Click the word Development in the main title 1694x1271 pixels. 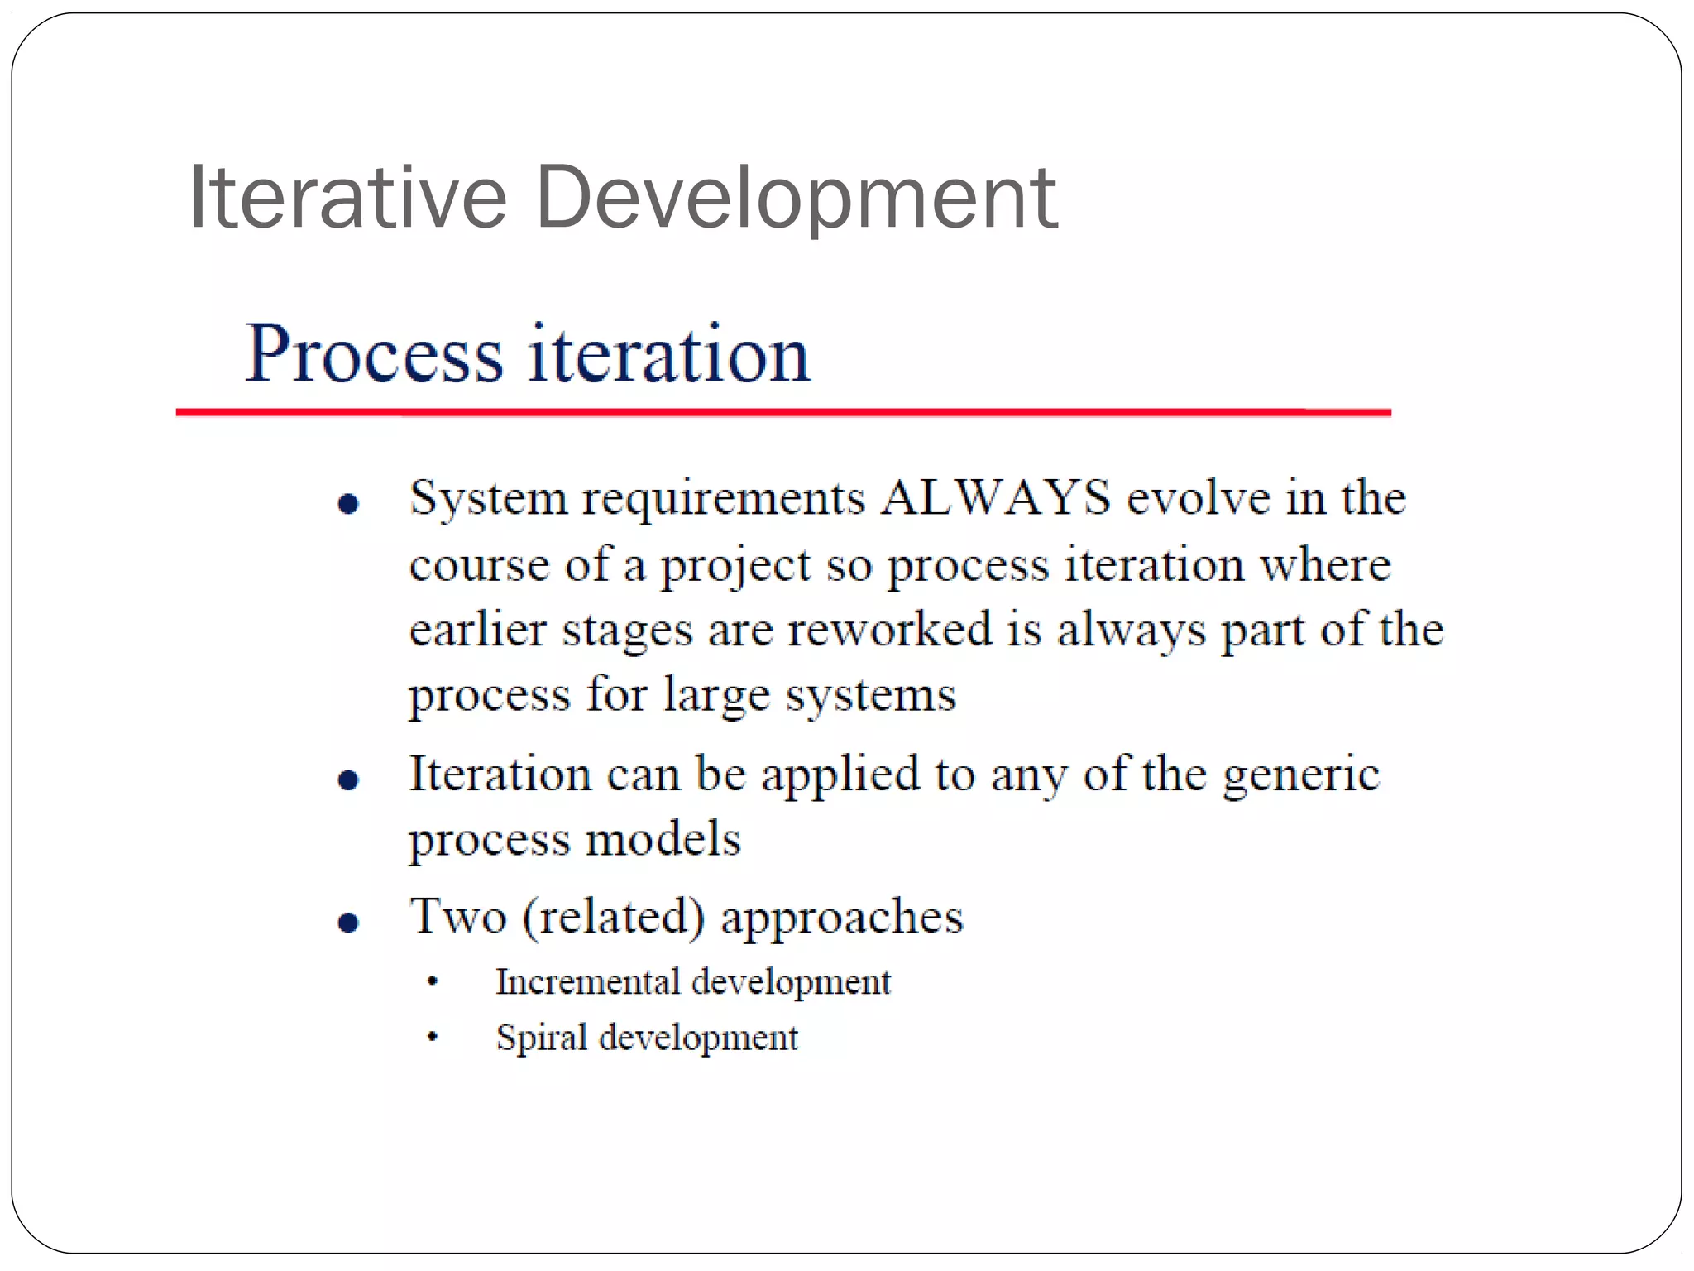point(796,199)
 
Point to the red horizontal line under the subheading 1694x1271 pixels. point(782,411)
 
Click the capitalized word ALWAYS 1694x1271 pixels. point(995,498)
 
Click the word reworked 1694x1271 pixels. point(889,630)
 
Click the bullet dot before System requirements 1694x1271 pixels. point(349,503)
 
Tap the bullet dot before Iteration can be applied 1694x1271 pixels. point(349,779)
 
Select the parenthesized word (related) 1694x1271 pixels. point(614,917)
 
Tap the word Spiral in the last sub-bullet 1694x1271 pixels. point(541,1038)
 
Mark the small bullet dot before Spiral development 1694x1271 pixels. point(432,1037)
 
